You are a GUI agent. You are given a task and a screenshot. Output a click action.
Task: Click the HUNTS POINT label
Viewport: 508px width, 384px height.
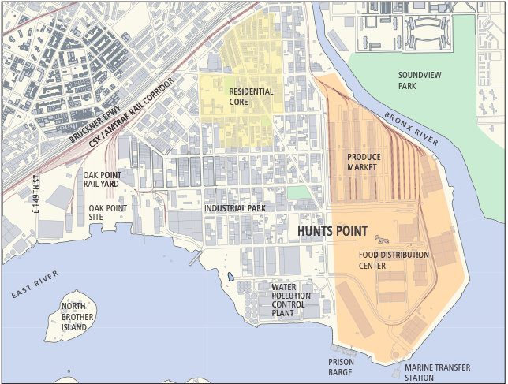pyautogui.click(x=332, y=231)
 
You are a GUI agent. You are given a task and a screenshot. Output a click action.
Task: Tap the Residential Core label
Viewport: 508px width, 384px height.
pyautogui.click(x=251, y=97)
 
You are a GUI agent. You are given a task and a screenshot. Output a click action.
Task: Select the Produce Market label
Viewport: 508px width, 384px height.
pyautogui.click(x=364, y=162)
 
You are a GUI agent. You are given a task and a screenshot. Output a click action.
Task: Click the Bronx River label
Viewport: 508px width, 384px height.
pyautogui.click(x=411, y=128)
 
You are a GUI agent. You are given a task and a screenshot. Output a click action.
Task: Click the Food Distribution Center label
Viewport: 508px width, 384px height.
pyautogui.click(x=394, y=260)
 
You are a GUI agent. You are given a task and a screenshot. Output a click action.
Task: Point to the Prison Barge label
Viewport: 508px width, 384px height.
pyautogui.click(x=341, y=367)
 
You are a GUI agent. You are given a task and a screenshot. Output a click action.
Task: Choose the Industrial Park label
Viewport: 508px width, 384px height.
pyautogui.click(x=234, y=208)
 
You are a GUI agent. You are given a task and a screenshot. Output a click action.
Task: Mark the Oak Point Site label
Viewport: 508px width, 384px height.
pyautogui.click(x=107, y=212)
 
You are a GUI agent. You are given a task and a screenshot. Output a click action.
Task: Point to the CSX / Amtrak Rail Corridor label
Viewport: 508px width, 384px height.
pyautogui.click(x=131, y=111)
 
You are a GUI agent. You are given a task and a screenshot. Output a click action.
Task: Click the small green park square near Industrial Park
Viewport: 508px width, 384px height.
pyautogui.click(x=298, y=192)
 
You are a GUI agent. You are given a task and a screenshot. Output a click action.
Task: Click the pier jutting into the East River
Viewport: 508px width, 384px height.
pyautogui.click(x=193, y=258)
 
